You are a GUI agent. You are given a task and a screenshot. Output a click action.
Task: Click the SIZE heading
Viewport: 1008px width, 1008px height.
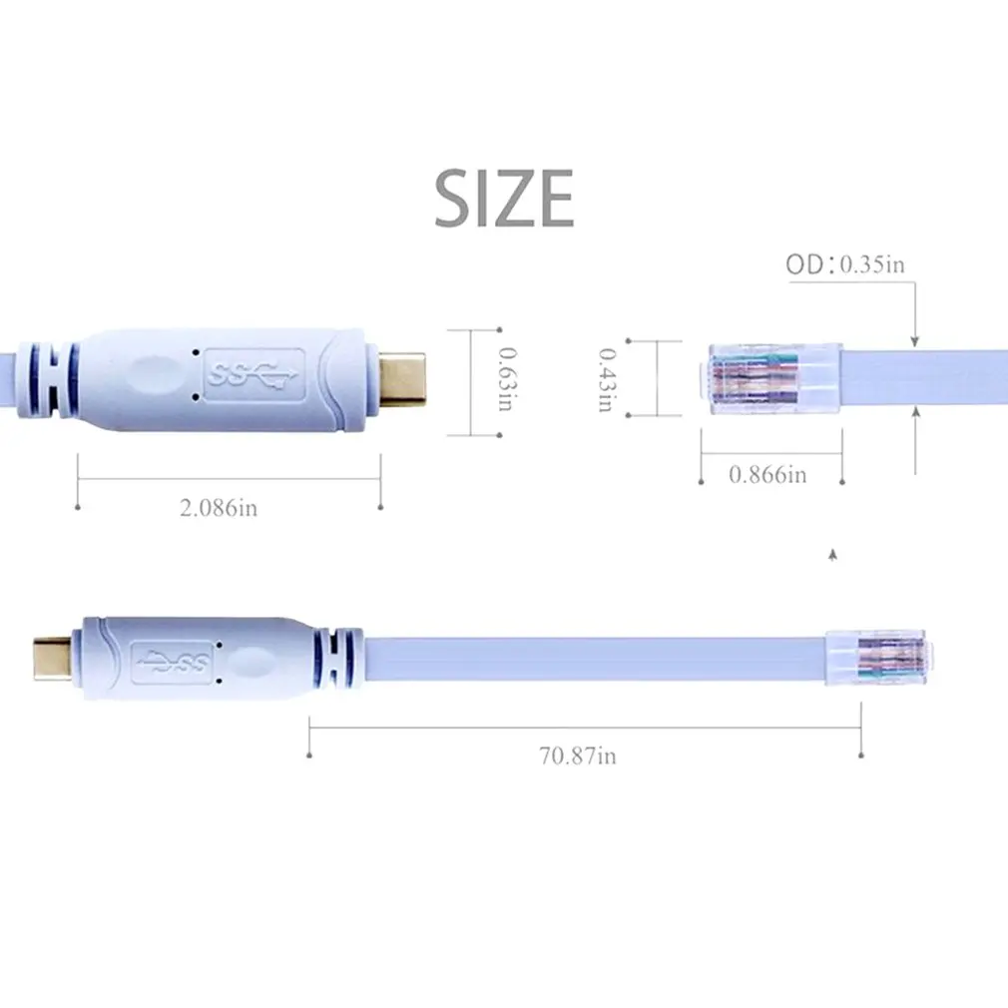[x=504, y=198]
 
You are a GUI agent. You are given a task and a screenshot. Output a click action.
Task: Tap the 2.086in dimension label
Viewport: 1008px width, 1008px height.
[x=219, y=508]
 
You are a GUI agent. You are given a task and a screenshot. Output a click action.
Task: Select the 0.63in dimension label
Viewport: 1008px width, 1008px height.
[x=506, y=380]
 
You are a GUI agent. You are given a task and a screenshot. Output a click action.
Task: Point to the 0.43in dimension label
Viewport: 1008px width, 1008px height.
[x=605, y=379]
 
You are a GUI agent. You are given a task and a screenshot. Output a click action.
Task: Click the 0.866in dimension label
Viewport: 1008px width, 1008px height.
[x=767, y=474]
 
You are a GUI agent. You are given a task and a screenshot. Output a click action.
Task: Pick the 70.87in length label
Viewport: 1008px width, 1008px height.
[x=578, y=756]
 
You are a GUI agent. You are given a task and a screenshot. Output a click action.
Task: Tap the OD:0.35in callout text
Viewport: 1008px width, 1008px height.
[x=844, y=264]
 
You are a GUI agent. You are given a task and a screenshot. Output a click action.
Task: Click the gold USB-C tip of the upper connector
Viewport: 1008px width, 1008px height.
[x=404, y=376]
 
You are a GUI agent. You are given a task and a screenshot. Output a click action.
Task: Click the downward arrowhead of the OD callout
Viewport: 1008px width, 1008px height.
[x=915, y=341]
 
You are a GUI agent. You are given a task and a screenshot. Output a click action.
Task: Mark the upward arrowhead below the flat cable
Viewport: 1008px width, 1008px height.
[x=915, y=412]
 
